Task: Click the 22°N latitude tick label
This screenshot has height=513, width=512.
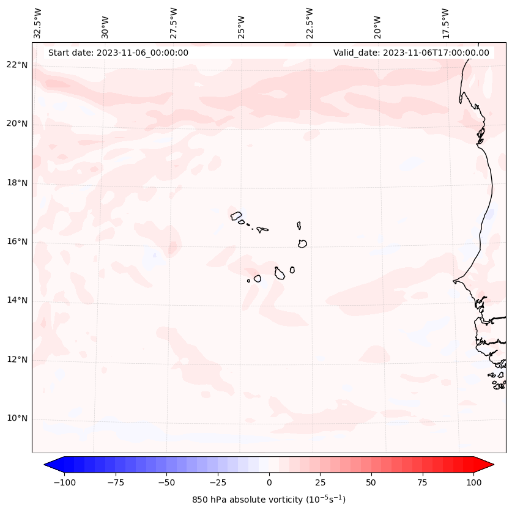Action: click(18, 65)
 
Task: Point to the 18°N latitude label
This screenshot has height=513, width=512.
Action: click(18, 183)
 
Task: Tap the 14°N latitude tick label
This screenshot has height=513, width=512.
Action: click(18, 300)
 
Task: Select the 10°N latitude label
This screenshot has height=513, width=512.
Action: click(18, 418)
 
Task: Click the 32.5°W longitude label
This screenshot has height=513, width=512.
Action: click(38, 23)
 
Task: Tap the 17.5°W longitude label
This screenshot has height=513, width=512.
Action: click(445, 23)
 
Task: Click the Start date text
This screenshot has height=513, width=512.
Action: click(118, 53)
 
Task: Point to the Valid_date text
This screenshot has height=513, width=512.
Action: click(411, 53)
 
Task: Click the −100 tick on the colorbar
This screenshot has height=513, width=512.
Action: click(64, 482)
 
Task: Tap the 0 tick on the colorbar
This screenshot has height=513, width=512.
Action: click(269, 482)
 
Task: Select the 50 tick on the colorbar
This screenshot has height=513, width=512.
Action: click(371, 482)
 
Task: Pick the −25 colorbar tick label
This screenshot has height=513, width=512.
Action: click(218, 482)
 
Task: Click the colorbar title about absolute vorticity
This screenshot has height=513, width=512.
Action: click(269, 500)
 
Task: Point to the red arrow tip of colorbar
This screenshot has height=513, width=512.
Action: click(489, 465)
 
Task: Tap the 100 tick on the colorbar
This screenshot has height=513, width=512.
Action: click(473, 482)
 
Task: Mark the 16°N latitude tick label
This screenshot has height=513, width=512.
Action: click(18, 242)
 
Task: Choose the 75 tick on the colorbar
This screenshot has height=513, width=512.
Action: click(423, 482)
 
